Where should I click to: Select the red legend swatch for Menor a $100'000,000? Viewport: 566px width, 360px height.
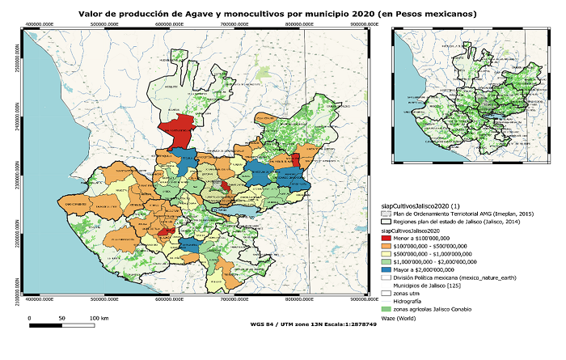[386, 239]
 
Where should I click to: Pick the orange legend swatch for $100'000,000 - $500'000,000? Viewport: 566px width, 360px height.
[386, 247]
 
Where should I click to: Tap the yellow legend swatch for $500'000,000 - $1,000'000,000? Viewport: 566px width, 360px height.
[386, 255]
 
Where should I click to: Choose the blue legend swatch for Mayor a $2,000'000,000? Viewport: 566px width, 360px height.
[386, 270]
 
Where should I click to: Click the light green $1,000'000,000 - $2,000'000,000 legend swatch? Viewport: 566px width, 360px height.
[386, 262]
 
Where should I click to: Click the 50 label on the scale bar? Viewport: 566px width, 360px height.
[62, 319]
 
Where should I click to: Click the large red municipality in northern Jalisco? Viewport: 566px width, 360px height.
[179, 130]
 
